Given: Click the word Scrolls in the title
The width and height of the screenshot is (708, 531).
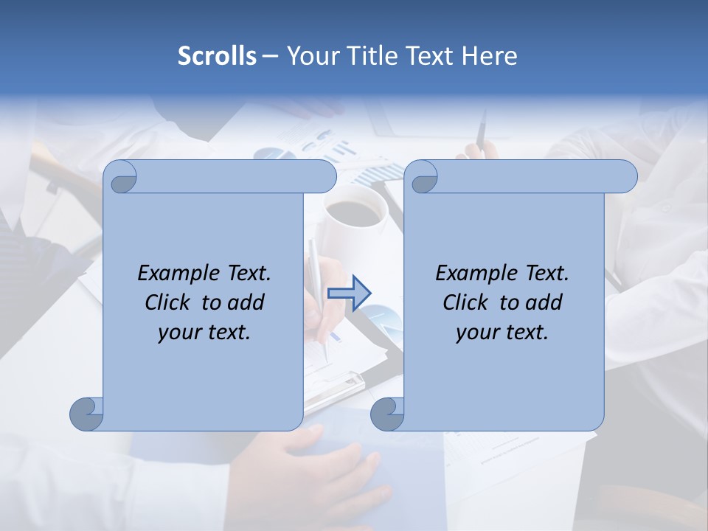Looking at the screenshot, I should (218, 56).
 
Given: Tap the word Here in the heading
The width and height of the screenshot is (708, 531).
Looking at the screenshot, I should (489, 56).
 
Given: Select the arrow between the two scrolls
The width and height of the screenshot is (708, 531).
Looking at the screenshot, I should (349, 294).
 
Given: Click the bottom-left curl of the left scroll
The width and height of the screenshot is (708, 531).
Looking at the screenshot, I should (87, 414).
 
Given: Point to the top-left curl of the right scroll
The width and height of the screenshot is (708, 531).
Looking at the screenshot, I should (423, 178).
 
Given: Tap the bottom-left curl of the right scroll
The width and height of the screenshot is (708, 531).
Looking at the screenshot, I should (387, 414).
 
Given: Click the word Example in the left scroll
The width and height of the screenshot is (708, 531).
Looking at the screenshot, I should (178, 274).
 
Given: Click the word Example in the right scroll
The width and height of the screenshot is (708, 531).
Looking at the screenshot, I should (476, 274).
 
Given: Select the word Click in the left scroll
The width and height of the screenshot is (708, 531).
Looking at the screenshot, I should (167, 303).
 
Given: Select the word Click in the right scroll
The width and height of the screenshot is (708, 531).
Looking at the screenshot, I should (465, 303).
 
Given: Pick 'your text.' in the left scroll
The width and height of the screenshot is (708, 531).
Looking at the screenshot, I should (204, 333).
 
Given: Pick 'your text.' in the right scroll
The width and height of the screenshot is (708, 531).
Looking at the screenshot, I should (502, 333).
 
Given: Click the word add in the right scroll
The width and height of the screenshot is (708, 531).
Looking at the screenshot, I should (544, 303).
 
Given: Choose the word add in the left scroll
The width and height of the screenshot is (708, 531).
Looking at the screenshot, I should (246, 303).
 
